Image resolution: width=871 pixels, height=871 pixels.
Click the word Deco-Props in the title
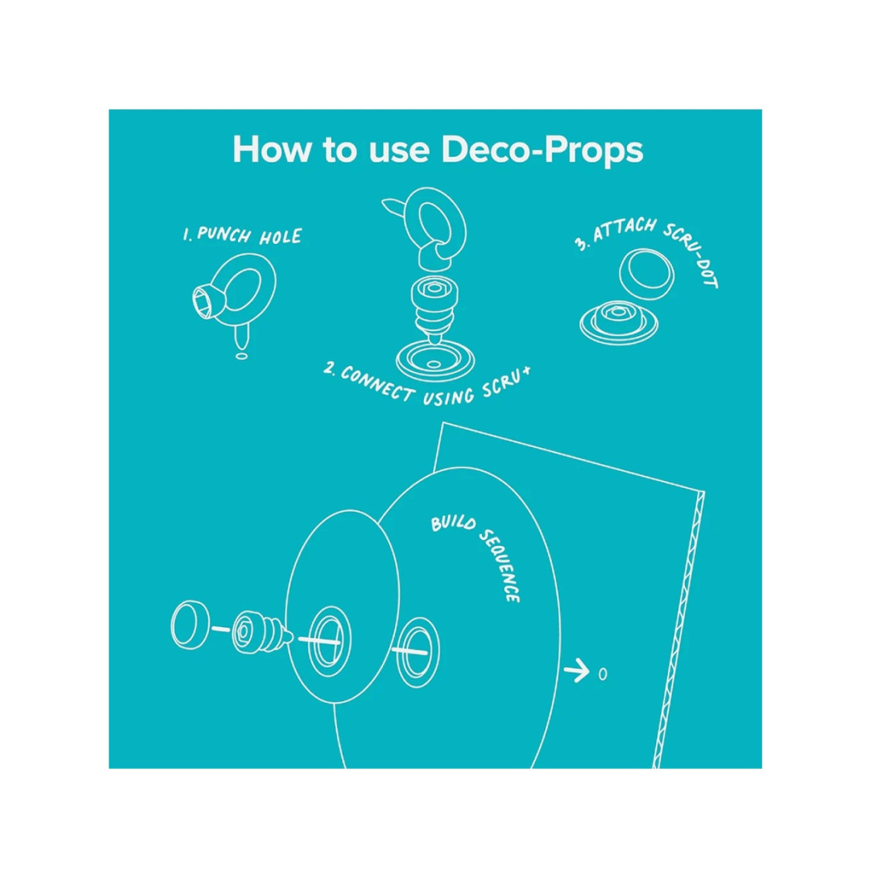click(x=542, y=150)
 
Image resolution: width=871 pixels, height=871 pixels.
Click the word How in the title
click(x=270, y=148)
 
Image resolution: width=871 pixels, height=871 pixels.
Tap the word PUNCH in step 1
click(x=223, y=235)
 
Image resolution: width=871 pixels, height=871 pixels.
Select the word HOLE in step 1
click(x=280, y=237)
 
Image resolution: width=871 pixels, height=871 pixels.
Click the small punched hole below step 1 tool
click(x=241, y=356)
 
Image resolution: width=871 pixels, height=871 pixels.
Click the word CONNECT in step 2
click(x=377, y=382)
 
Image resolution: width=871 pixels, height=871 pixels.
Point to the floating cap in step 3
click(x=646, y=274)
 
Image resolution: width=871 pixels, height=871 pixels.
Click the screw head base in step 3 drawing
click(x=619, y=321)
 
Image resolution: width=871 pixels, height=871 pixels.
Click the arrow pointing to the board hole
click(x=576, y=670)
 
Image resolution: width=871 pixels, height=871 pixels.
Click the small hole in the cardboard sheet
click(x=603, y=674)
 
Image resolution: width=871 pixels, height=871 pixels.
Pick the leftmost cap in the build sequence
click(x=191, y=625)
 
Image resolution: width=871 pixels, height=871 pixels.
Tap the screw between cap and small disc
click(x=261, y=633)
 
